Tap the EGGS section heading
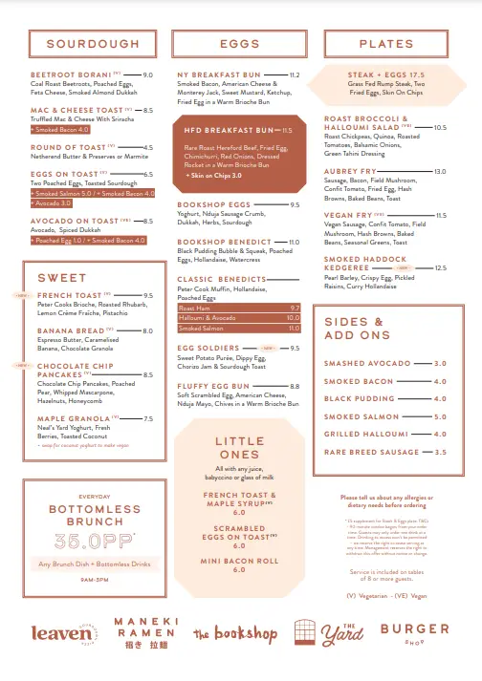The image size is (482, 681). pyautogui.click(x=239, y=44)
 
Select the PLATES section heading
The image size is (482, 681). pyautogui.click(x=386, y=44)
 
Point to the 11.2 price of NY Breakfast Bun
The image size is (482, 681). pyautogui.click(x=294, y=74)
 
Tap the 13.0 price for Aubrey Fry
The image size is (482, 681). pyautogui.click(x=440, y=171)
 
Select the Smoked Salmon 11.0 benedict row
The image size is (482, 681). pyautogui.click(x=239, y=327)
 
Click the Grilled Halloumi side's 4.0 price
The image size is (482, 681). pyautogui.click(x=440, y=434)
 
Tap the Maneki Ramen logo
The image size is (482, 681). pyautogui.click(x=144, y=633)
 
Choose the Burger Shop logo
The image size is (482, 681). pyautogui.click(x=414, y=632)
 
